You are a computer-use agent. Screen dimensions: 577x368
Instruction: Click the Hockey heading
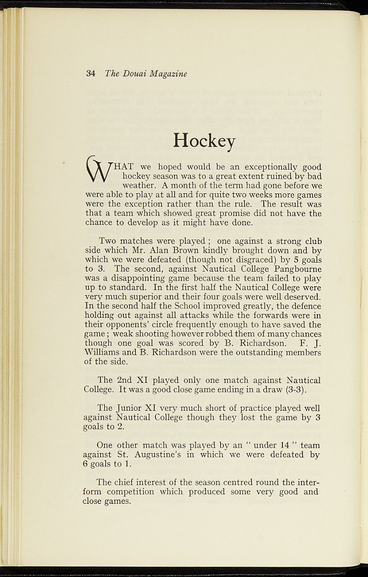pyautogui.click(x=204, y=140)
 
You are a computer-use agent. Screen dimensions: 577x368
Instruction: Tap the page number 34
pyautogui.click(x=91, y=74)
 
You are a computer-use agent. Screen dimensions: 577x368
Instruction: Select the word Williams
pyautogui.click(x=103, y=352)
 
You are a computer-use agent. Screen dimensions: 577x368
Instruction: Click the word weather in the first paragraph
pyautogui.click(x=139, y=185)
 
